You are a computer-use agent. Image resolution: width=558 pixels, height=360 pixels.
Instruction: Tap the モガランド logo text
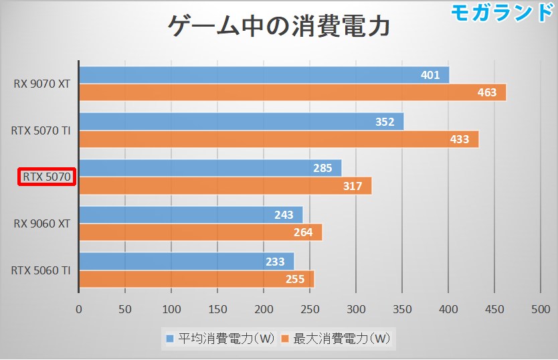coord(502,12)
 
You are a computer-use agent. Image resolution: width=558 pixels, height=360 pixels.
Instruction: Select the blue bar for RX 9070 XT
coord(264,75)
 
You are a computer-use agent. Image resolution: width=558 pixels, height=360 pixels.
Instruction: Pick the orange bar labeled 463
coord(292,92)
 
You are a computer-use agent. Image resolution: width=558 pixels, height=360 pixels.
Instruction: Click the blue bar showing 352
coord(241,122)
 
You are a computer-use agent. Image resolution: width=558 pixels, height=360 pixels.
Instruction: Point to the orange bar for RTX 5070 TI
coord(278,139)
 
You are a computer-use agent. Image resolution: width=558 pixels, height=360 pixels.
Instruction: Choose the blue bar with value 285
coord(210,168)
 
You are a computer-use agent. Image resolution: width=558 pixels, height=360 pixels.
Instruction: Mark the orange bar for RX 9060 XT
coord(200,232)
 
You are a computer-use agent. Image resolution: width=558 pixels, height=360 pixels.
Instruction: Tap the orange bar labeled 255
coord(196,279)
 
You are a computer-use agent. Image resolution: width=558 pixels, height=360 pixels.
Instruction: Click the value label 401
coord(430,75)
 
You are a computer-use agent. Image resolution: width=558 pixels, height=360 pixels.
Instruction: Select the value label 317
coord(353,186)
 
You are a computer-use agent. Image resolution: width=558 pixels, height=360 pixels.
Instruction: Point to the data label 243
coord(284,215)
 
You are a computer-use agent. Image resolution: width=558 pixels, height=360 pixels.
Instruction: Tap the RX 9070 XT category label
coord(41,84)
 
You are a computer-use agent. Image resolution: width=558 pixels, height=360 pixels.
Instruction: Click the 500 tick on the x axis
coord(540,309)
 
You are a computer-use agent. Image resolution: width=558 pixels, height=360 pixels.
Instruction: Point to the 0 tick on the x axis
coord(79,309)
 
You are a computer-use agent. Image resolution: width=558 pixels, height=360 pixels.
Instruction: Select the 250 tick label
coord(310,309)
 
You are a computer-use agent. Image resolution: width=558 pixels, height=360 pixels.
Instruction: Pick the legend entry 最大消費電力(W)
coord(337,339)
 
